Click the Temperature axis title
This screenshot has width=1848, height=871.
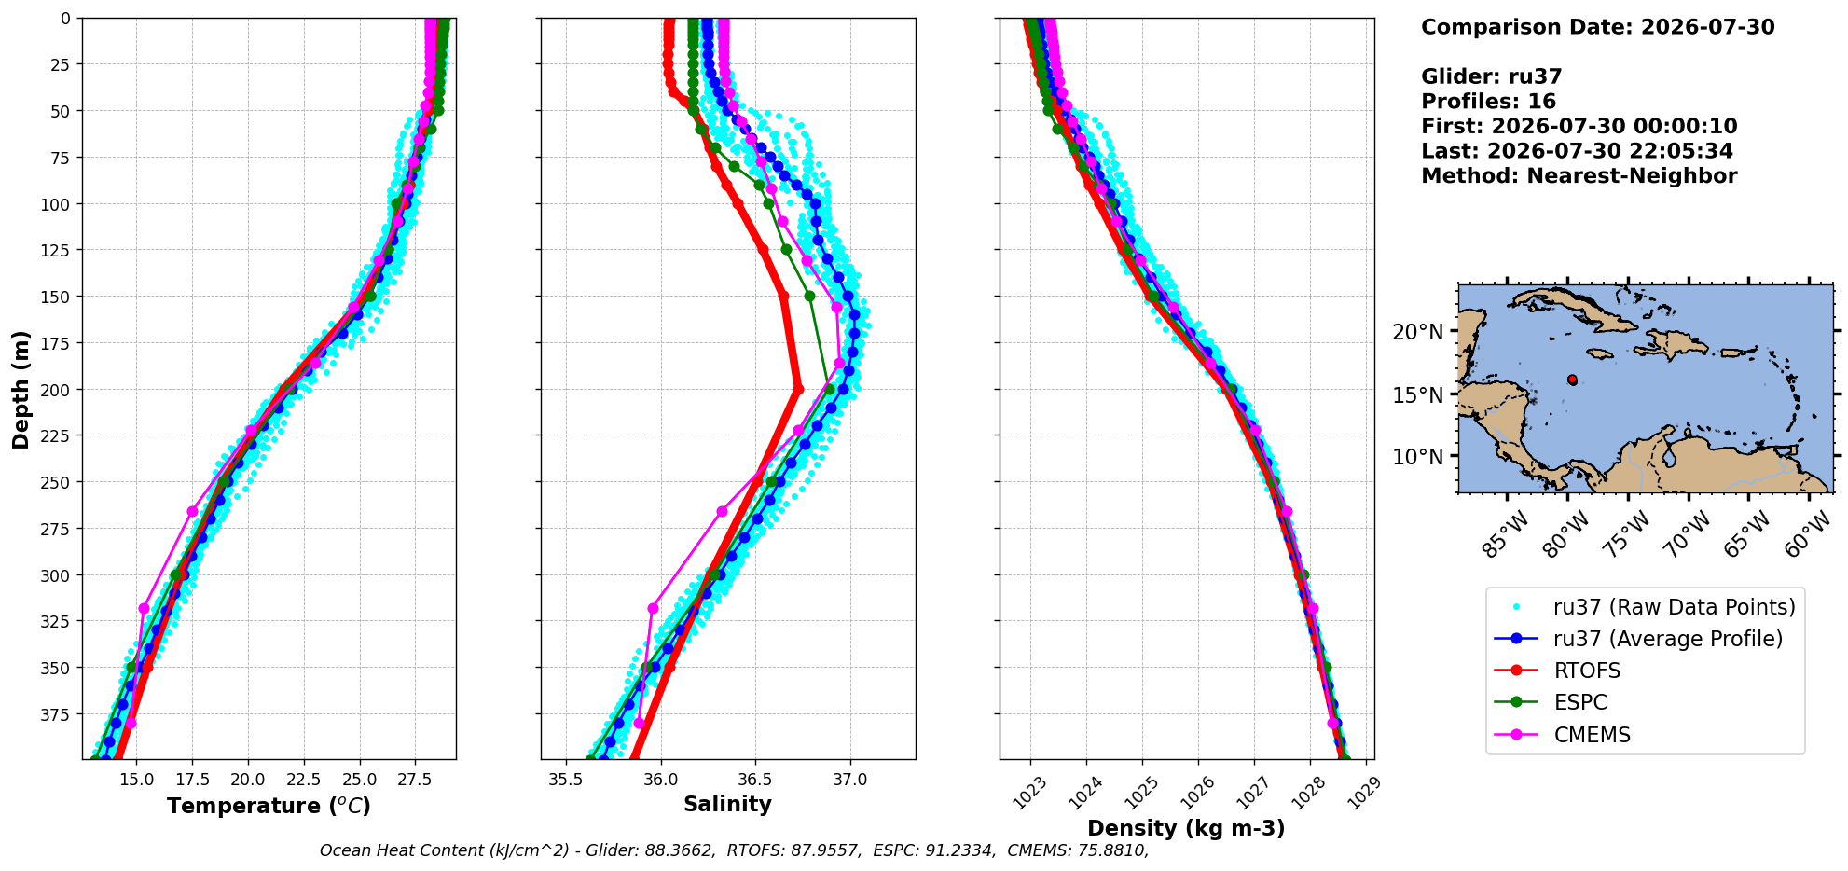269,806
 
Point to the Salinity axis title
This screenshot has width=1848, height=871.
727,804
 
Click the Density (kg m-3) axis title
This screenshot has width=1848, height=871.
1186,828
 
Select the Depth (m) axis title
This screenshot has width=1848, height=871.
21,389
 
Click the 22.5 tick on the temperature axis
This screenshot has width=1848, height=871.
303,778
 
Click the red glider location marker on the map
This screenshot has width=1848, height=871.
1572,380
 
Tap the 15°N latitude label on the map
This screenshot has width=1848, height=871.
1417,394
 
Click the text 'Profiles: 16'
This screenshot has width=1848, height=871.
1488,102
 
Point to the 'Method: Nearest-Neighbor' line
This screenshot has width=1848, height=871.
1579,176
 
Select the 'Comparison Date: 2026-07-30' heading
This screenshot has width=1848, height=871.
1597,27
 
